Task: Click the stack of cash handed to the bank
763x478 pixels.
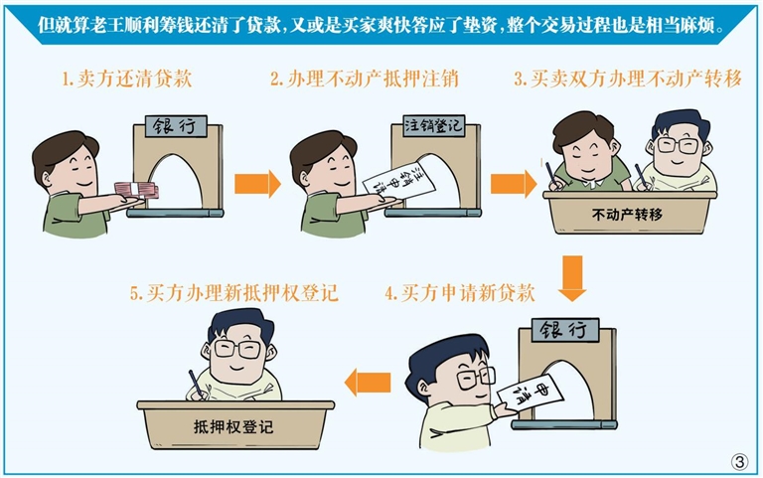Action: [136, 191]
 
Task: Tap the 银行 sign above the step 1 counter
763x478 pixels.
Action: [176, 126]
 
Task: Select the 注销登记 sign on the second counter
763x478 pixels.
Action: [433, 125]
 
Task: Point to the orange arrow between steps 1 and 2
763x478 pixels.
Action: [257, 184]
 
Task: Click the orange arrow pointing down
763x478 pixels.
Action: [572, 278]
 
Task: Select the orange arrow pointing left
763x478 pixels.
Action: [368, 383]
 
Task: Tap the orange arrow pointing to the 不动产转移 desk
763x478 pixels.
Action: [514, 184]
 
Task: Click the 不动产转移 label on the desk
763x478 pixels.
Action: [627, 215]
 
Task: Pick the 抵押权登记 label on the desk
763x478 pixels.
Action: [233, 427]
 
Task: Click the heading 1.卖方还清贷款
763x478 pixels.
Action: [127, 79]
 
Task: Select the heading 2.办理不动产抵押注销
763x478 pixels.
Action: [365, 79]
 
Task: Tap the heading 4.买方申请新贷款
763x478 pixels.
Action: [460, 293]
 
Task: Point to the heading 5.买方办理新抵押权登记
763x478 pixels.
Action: [233, 293]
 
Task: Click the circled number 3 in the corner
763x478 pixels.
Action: [739, 461]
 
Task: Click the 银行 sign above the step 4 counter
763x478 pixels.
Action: [565, 330]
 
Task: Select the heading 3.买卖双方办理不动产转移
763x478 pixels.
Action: [628, 79]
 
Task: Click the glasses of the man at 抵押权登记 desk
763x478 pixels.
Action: [238, 349]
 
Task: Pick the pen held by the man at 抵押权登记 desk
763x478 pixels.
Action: [196, 384]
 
